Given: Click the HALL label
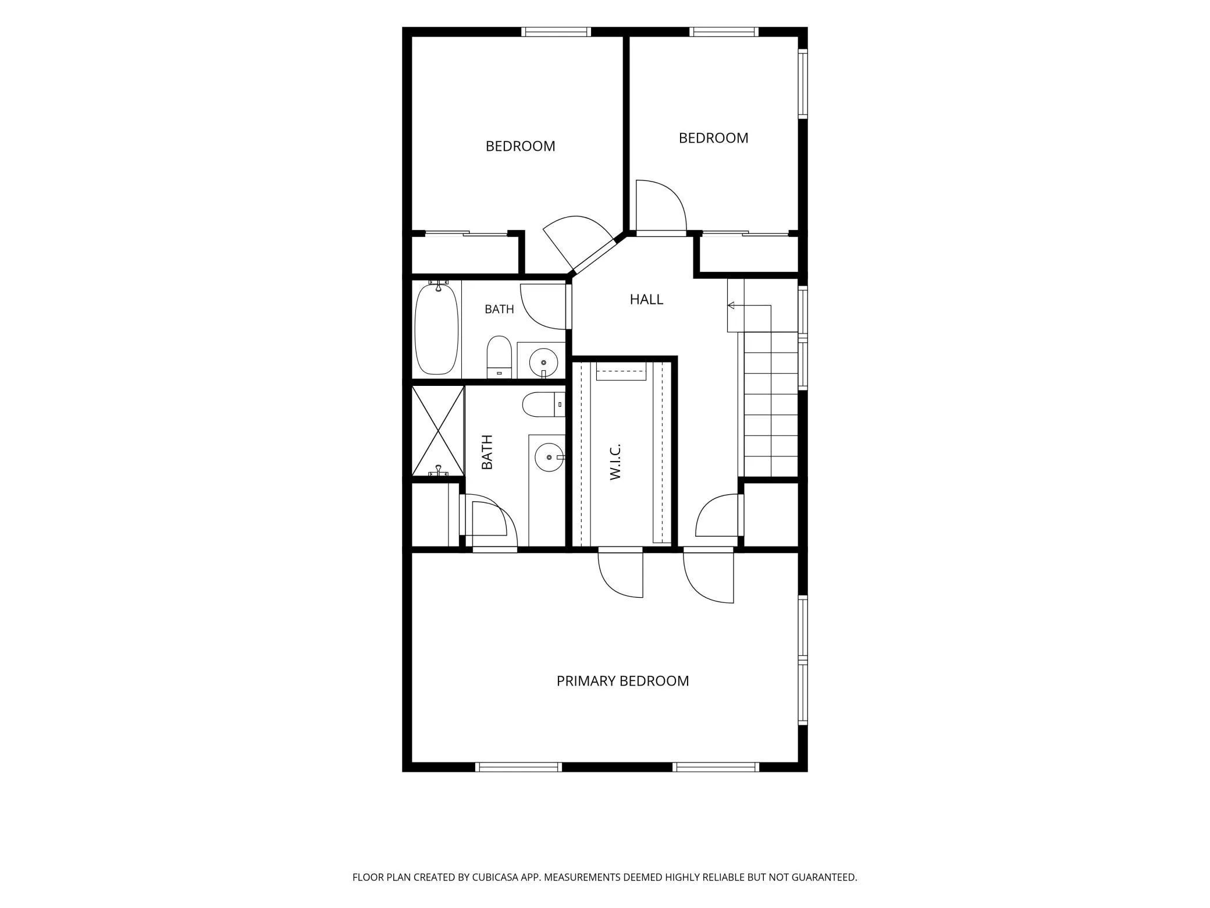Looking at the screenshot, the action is pyautogui.click(x=646, y=299).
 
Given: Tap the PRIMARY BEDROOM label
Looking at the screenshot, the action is pyautogui.click(x=622, y=681).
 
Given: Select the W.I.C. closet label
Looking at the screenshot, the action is pyautogui.click(x=615, y=462).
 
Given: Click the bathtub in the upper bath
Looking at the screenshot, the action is pyautogui.click(x=436, y=328).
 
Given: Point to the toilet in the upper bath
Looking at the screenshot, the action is pyautogui.click(x=499, y=357).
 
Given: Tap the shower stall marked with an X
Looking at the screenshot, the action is pyautogui.click(x=438, y=431).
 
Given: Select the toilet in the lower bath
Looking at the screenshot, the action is pyautogui.click(x=543, y=405).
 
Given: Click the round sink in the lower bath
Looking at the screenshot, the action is pyautogui.click(x=549, y=457).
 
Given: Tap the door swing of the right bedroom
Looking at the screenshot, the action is pyautogui.click(x=661, y=206).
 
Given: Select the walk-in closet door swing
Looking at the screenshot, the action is pyautogui.click(x=621, y=573).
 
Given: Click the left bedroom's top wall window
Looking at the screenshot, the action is pyautogui.click(x=556, y=32).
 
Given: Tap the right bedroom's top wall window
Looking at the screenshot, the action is pyautogui.click(x=724, y=32).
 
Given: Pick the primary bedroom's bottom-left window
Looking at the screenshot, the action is pyautogui.click(x=518, y=767).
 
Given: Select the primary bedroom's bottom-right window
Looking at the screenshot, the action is pyautogui.click(x=716, y=767).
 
